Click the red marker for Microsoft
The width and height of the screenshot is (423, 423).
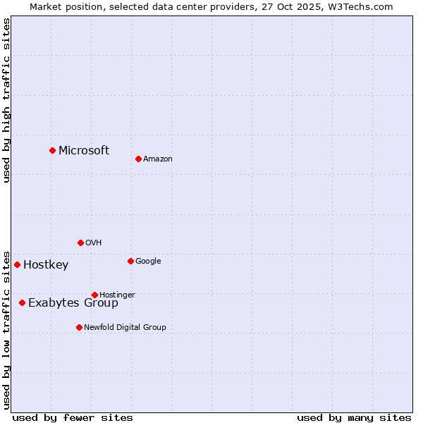(x=52, y=150)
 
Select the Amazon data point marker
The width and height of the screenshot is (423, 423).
(x=138, y=159)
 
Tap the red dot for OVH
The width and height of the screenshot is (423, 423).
(x=80, y=243)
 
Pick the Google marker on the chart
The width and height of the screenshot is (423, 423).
(x=130, y=261)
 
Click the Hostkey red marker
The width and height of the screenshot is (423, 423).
(x=17, y=264)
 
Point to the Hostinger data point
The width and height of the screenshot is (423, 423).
(x=94, y=295)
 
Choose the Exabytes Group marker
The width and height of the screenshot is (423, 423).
(x=22, y=302)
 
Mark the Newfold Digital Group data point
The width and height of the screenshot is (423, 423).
(x=79, y=327)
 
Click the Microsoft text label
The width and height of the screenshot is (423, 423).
(x=84, y=150)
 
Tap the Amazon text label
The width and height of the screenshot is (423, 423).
(x=158, y=159)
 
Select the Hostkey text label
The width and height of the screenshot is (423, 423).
(x=46, y=265)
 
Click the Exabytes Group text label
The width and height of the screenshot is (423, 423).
(x=73, y=303)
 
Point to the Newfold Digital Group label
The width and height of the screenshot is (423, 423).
(x=125, y=327)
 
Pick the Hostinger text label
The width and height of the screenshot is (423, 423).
(x=117, y=295)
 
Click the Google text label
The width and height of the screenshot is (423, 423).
(x=148, y=262)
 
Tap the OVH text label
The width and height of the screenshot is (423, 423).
(x=93, y=243)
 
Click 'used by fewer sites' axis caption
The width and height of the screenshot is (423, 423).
(x=73, y=417)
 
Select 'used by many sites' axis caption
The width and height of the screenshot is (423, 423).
(x=354, y=417)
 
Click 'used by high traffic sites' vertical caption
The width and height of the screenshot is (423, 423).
(x=7, y=100)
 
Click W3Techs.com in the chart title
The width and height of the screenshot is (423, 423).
(x=360, y=6)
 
